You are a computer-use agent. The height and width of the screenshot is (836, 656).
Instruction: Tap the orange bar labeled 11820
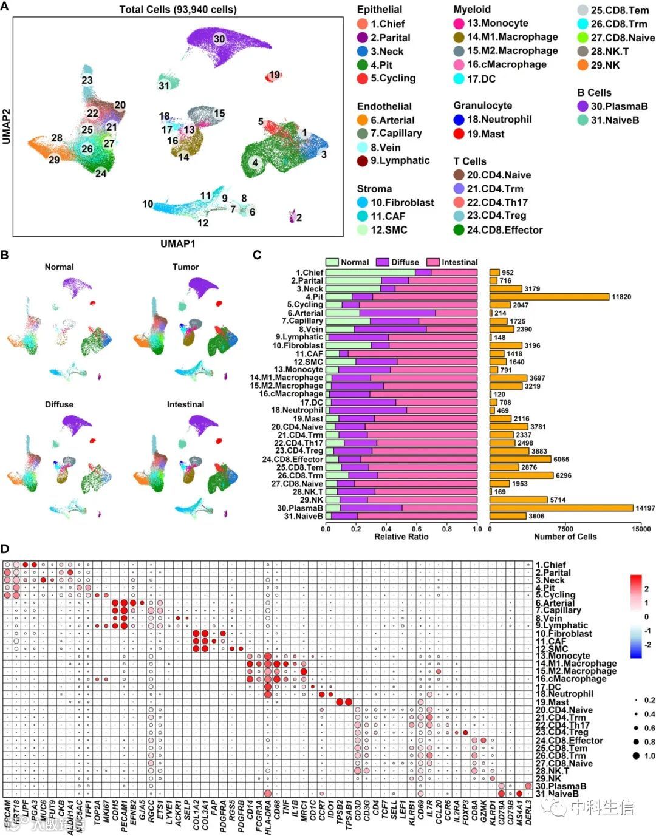point(549,297)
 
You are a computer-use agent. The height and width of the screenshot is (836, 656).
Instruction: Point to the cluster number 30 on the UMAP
point(219,39)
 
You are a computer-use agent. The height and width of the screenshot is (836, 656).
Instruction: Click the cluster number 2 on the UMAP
point(299,217)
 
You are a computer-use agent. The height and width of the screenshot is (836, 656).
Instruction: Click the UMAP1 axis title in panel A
point(178,244)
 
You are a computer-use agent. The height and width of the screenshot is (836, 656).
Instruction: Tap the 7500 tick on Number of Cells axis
point(565,529)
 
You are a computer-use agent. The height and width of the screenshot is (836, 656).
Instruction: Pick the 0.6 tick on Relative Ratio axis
point(417,529)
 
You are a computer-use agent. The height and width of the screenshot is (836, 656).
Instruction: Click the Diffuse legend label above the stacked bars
point(405,262)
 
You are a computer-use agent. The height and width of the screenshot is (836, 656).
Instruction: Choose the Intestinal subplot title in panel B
point(185,404)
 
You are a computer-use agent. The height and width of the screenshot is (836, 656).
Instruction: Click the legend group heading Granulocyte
point(482,106)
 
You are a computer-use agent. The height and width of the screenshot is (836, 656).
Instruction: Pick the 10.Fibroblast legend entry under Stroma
point(402,203)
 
